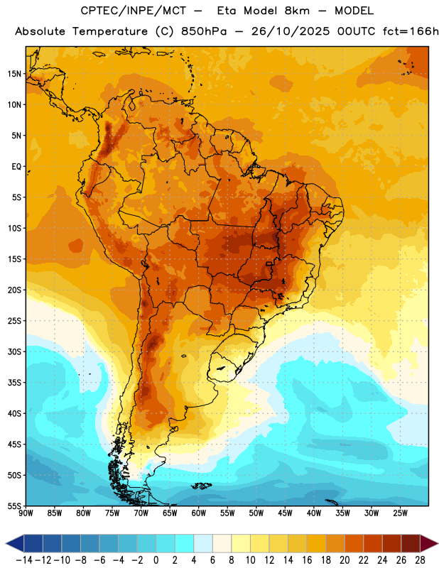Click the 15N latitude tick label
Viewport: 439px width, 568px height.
(x=14, y=74)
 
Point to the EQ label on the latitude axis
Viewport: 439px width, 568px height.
(x=16, y=167)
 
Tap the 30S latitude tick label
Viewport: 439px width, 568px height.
(x=14, y=351)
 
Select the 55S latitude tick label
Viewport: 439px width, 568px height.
(x=14, y=506)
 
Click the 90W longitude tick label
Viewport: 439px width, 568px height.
(x=26, y=513)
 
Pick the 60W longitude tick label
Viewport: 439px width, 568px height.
(x=199, y=513)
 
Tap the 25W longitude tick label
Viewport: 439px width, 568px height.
(x=400, y=513)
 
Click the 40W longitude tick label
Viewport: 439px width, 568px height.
(x=314, y=513)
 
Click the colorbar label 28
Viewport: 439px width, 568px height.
(x=420, y=560)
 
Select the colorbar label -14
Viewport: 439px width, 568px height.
(x=24, y=560)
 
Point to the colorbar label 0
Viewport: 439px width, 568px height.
(x=156, y=560)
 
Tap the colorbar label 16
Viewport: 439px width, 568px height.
(x=307, y=560)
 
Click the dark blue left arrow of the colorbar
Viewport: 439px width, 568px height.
(x=15, y=543)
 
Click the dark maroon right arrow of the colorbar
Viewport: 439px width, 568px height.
(x=429, y=543)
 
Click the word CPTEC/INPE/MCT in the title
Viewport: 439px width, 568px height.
(x=134, y=11)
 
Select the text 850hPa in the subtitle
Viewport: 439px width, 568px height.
(x=204, y=31)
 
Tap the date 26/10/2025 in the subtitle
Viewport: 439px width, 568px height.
(x=291, y=31)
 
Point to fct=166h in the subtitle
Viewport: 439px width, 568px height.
(x=411, y=31)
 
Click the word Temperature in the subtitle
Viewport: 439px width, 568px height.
(x=110, y=31)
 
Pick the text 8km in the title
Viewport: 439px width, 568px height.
(x=297, y=11)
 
